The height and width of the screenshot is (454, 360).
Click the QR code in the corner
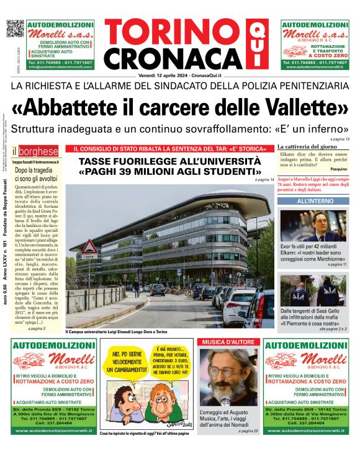[15, 29]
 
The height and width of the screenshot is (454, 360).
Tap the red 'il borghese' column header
[38, 151]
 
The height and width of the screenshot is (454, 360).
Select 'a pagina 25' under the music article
[246, 430]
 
